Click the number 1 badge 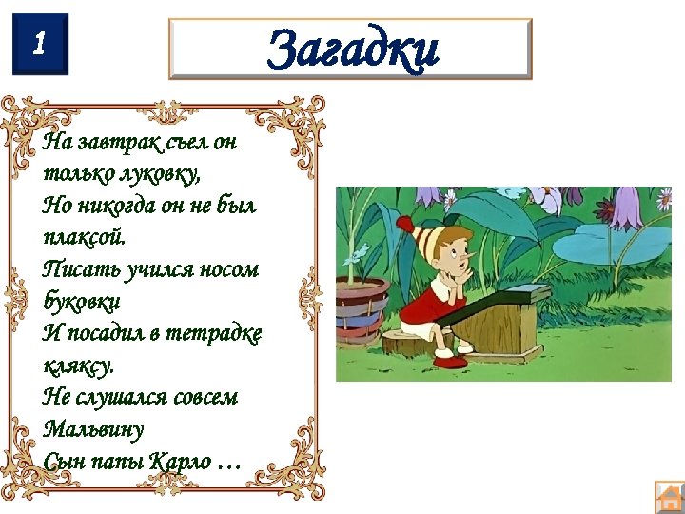(x=41, y=44)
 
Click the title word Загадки (x=352, y=49)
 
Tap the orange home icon (x=670, y=497)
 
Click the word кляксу (x=78, y=365)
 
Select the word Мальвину (x=93, y=428)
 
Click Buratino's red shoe (x=449, y=361)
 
